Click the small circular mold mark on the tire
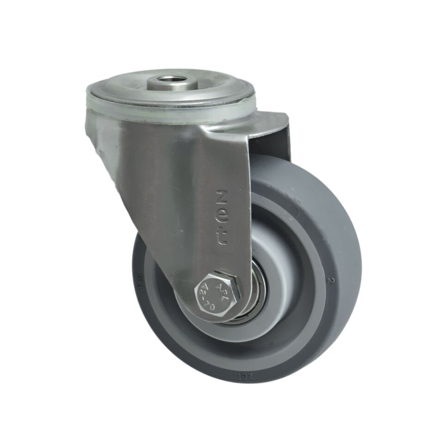[x=292, y=211]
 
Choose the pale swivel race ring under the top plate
[x=171, y=111]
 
